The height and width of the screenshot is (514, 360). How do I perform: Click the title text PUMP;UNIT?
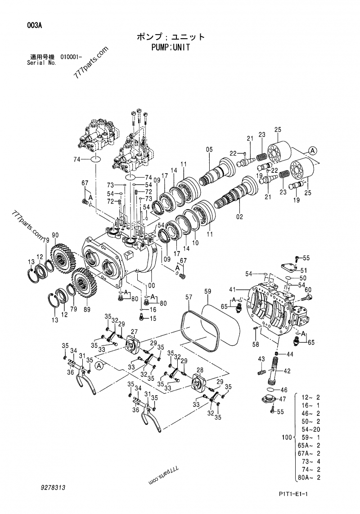(x=171, y=47)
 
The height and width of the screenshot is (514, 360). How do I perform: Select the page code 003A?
(x=34, y=26)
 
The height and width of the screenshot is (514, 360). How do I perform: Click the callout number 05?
(x=209, y=149)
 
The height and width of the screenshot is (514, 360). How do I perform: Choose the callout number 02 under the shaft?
(x=239, y=216)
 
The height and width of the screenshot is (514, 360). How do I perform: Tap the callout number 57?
(x=189, y=297)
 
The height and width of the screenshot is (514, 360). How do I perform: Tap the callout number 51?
(x=304, y=271)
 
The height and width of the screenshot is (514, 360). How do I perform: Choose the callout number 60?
(x=308, y=289)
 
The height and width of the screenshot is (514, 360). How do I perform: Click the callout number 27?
(x=133, y=332)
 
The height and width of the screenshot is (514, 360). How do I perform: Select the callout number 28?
(x=200, y=370)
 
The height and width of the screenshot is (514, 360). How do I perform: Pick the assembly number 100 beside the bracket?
(x=286, y=437)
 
